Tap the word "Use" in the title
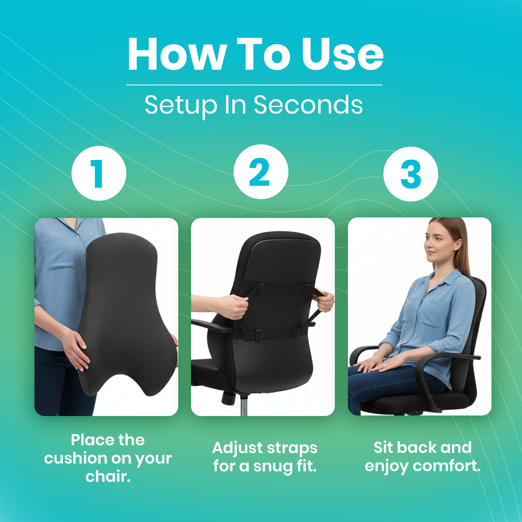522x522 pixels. coord(343,54)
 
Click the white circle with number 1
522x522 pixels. coord(99,173)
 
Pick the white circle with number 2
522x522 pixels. coord(261,172)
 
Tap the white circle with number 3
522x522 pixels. coord(411,174)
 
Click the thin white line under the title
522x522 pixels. coord(254,85)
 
